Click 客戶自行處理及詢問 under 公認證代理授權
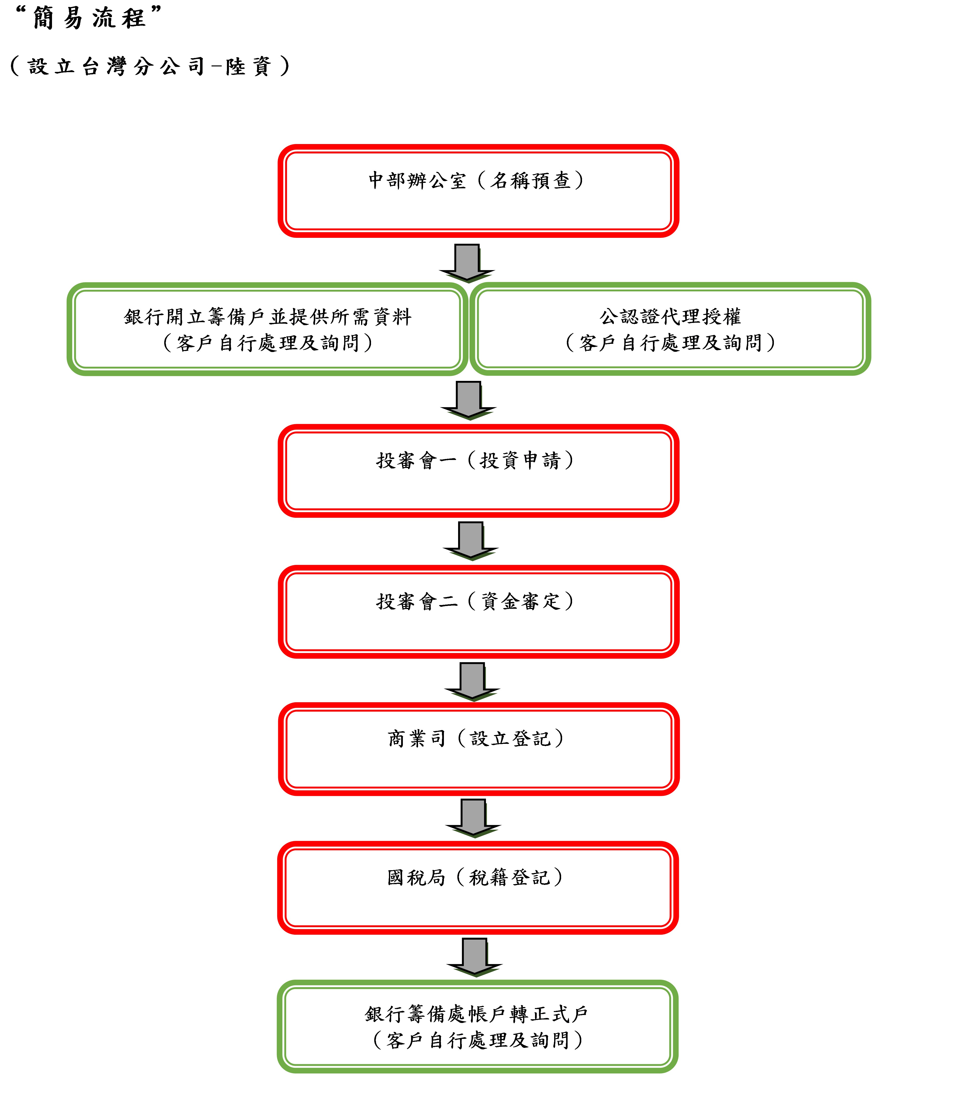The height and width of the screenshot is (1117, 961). pyautogui.click(x=670, y=342)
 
